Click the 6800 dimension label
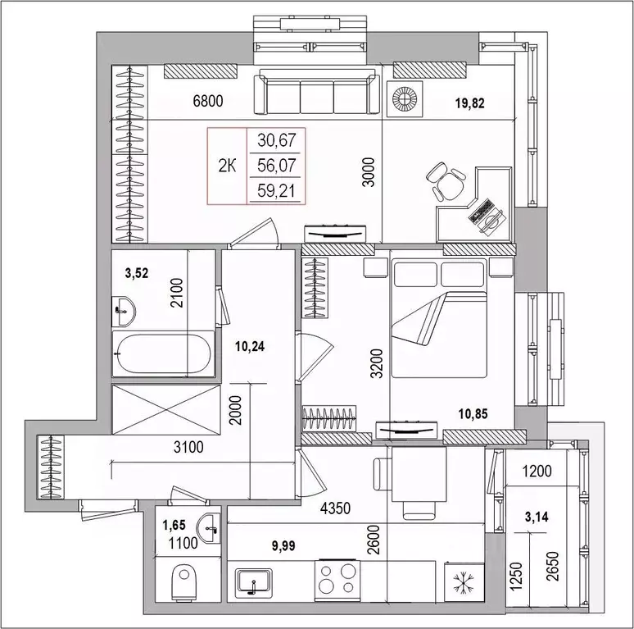(x=208, y=101)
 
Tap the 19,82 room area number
(x=469, y=103)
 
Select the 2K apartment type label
(x=227, y=166)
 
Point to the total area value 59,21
(x=277, y=190)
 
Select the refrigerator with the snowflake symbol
(x=464, y=581)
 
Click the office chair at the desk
(x=446, y=182)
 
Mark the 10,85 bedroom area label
(x=473, y=413)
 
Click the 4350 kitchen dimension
(x=335, y=508)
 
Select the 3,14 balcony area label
(x=537, y=517)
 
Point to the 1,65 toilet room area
(x=174, y=525)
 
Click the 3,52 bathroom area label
(x=137, y=273)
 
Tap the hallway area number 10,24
(x=251, y=346)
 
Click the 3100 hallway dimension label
(x=188, y=447)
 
